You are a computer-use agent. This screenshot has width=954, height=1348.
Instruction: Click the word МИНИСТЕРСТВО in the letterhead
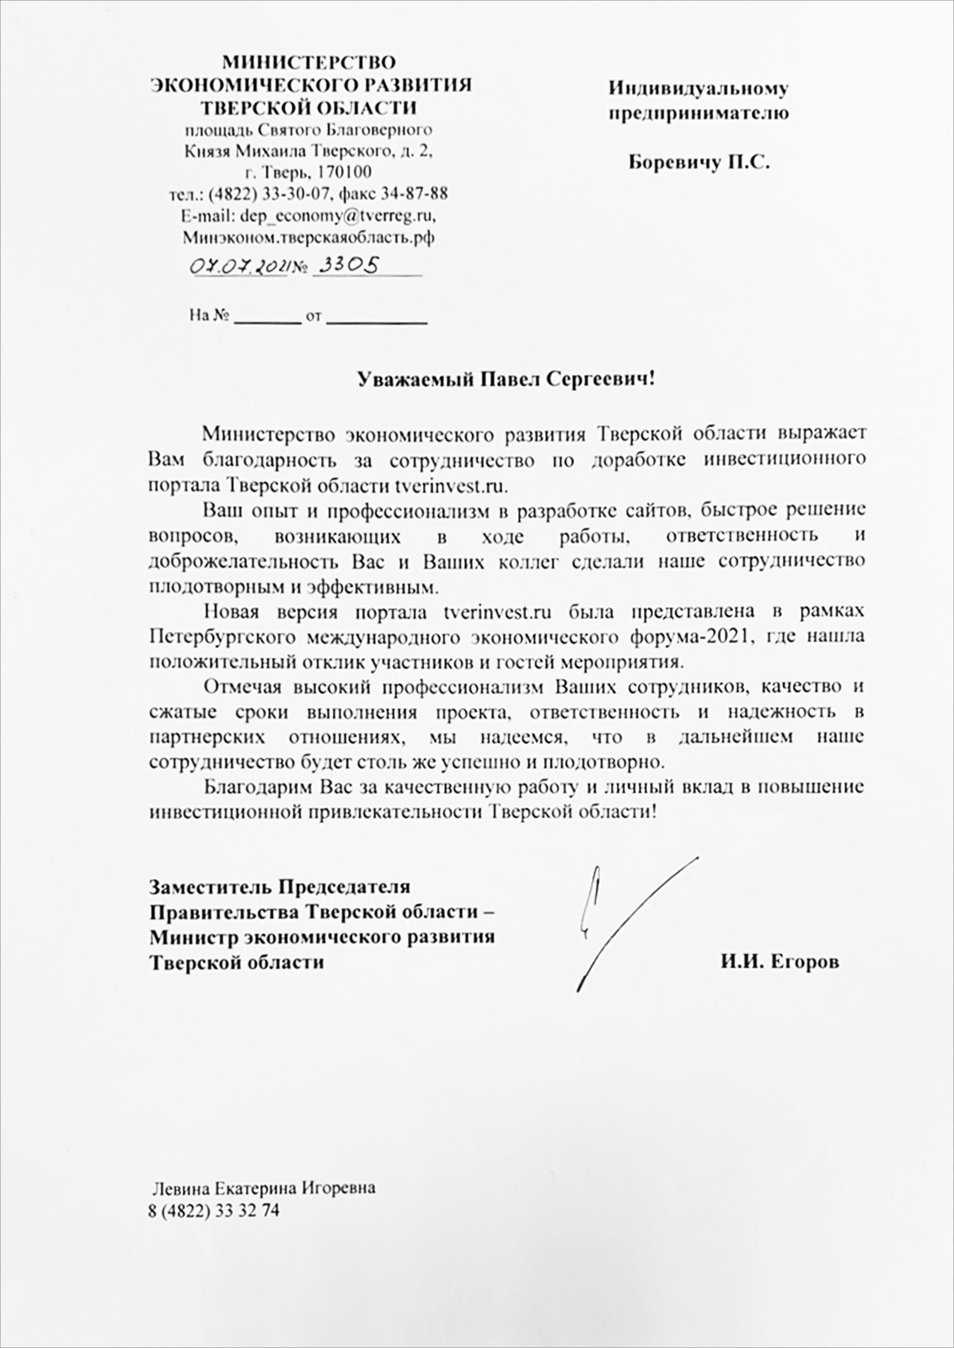[x=309, y=62]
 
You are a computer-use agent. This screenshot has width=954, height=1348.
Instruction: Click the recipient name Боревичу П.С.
[x=699, y=163]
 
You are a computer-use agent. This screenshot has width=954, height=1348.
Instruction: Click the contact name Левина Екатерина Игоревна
[x=263, y=1188]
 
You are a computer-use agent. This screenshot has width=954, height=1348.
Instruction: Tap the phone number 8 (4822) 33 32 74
[x=213, y=1211]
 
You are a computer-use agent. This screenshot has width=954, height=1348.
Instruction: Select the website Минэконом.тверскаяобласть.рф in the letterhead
[x=309, y=238]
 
